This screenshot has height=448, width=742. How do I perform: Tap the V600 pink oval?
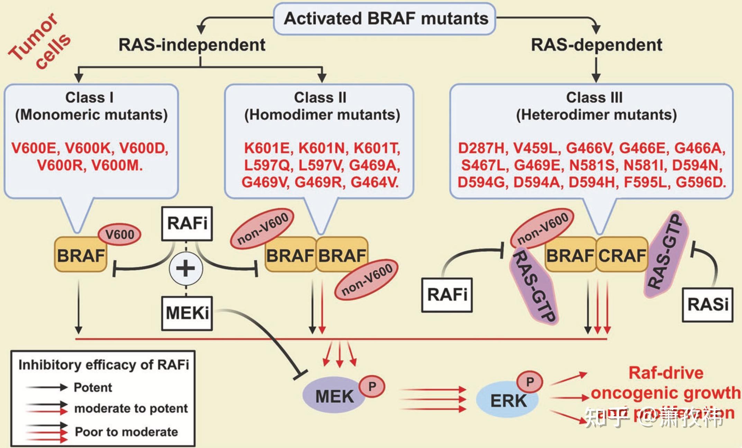click(x=120, y=234)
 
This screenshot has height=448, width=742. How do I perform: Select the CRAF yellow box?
click(x=622, y=256)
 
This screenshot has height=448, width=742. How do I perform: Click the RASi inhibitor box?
click(x=707, y=305)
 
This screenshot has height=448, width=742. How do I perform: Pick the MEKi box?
click(x=187, y=313)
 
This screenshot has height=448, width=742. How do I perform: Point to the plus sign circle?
click(x=186, y=268)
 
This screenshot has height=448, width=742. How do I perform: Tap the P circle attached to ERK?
click(x=530, y=382)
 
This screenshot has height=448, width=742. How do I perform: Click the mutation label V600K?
click(x=88, y=148)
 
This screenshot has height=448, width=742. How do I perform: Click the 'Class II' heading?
click(x=320, y=98)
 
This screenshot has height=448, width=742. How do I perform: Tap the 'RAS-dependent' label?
click(x=596, y=45)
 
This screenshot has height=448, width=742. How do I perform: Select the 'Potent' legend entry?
click(x=93, y=387)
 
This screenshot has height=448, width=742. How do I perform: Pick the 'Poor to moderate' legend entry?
click(x=126, y=432)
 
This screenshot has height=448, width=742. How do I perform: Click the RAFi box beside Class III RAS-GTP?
click(x=447, y=295)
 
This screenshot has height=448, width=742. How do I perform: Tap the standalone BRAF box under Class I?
click(x=81, y=256)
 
